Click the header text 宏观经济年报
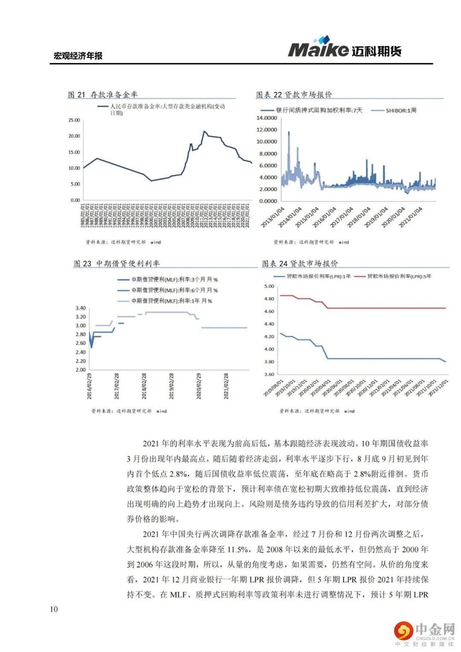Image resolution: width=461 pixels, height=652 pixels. click(78, 56)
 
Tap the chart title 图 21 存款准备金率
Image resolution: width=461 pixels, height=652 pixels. click(103, 95)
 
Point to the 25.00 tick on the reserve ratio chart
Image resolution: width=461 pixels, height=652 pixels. click(74, 120)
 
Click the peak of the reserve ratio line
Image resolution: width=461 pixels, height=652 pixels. click(204, 132)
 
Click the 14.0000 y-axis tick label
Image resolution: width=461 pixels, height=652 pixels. click(266, 118)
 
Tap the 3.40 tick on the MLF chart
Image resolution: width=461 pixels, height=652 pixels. click(81, 308)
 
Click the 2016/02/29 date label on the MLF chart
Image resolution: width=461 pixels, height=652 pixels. click(90, 386)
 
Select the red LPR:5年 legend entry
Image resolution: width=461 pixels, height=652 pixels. click(399, 277)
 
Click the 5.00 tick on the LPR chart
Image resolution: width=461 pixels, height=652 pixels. click(269, 287)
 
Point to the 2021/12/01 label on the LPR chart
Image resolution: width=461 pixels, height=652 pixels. click(439, 387)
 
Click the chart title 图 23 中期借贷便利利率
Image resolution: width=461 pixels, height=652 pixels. click(117, 264)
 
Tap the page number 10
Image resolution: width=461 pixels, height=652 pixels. click(54, 609)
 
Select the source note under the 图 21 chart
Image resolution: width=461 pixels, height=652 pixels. click(123, 242)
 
